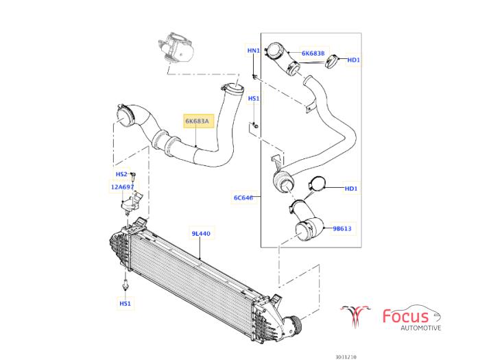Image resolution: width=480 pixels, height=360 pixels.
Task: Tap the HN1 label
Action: (x=254, y=51)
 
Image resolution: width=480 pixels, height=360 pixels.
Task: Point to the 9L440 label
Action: (x=201, y=234)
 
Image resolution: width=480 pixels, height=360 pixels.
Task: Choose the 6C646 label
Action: (x=243, y=198)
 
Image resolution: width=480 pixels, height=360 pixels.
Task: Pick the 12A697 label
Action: (x=123, y=186)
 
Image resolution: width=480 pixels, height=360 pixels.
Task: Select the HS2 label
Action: (x=121, y=174)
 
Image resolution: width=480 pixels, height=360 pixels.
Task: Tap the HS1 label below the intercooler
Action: (x=125, y=303)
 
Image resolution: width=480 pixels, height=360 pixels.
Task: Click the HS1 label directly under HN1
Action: (x=254, y=99)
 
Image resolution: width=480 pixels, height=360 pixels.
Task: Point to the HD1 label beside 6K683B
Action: (x=354, y=60)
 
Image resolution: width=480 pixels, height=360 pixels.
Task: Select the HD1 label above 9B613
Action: (x=352, y=188)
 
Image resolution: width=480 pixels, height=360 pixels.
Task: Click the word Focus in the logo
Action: (x=406, y=316)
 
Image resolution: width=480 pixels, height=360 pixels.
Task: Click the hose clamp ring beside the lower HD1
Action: (x=317, y=184)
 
